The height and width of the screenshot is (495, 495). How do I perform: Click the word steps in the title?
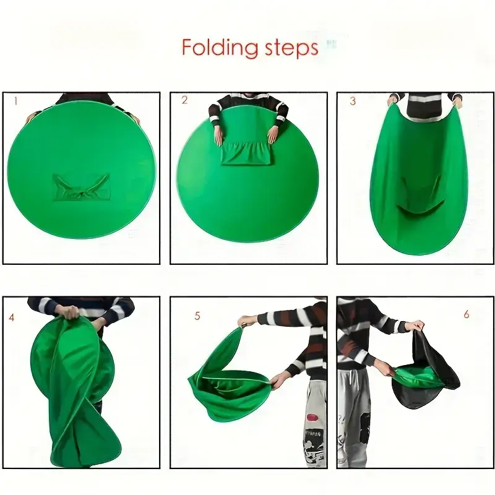(291, 48)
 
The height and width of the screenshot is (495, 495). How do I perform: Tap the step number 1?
(15, 101)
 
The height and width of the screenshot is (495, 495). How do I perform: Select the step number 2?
(184, 100)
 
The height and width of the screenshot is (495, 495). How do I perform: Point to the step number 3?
(353, 101)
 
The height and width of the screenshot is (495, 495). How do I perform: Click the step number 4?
(12, 317)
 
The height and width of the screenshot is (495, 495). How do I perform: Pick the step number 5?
(197, 316)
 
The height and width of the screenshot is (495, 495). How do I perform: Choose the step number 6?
(467, 314)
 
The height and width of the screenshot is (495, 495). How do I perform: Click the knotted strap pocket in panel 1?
(82, 187)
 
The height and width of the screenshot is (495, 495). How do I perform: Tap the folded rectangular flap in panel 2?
(246, 152)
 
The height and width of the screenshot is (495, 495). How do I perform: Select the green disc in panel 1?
(82, 174)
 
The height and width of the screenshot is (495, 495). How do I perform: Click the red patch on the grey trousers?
(312, 418)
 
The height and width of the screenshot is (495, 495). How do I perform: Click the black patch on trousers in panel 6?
(364, 427)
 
